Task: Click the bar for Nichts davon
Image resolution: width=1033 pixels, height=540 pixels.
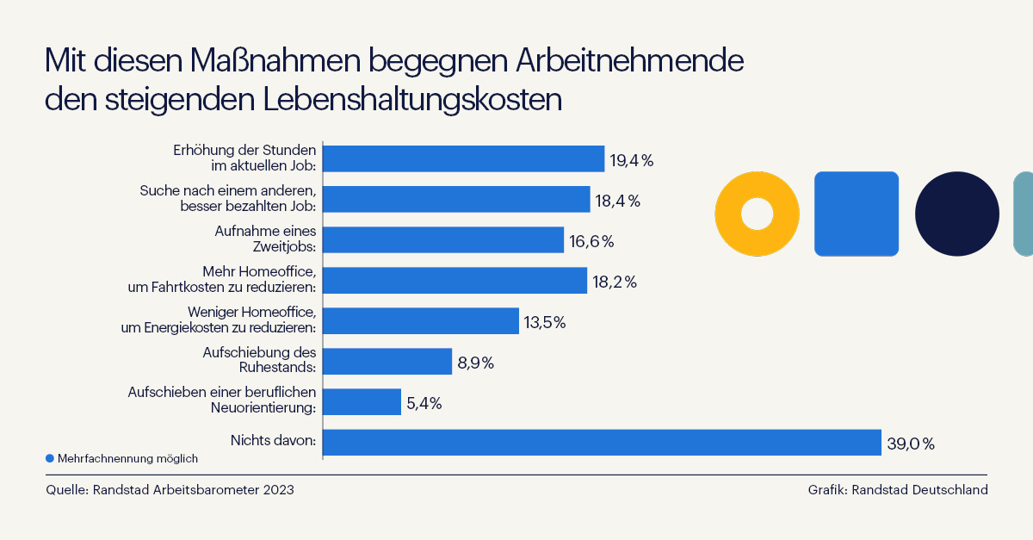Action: (603, 442)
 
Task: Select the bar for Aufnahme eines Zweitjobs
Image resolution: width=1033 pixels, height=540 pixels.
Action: (443, 239)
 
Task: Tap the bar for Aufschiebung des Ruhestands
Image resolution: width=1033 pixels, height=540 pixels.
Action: (387, 361)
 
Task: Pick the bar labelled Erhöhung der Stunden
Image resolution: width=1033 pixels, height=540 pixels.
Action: (464, 158)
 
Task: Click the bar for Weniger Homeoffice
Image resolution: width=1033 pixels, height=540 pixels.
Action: (421, 320)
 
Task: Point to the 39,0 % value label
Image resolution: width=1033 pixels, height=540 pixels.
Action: (910, 444)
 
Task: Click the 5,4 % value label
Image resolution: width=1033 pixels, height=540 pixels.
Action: (424, 403)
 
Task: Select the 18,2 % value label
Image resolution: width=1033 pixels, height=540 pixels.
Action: (615, 282)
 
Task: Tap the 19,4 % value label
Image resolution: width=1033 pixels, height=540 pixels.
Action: (632, 160)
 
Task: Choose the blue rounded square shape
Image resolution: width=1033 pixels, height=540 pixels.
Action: (857, 214)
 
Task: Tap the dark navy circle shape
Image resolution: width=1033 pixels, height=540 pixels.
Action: (956, 214)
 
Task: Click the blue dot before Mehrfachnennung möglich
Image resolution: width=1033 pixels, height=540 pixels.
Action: (50, 458)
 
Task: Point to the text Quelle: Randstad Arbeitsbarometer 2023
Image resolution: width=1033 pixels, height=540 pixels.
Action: (170, 490)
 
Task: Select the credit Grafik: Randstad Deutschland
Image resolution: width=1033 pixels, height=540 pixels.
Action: (897, 490)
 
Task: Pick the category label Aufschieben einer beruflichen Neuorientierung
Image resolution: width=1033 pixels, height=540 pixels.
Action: (222, 400)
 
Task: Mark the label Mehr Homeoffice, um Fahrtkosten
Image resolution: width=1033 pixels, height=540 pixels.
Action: (222, 279)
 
